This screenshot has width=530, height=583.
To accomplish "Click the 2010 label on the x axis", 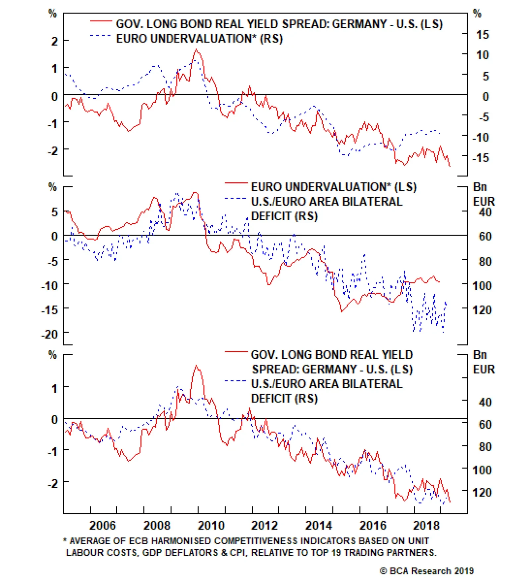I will [211, 526].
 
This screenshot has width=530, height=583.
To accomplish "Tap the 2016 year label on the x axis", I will [373, 526].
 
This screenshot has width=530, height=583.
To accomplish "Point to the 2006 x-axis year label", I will [103, 526].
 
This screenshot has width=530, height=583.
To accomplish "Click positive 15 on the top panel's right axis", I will [482, 34].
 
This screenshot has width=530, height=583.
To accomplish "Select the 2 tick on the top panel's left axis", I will [55, 41].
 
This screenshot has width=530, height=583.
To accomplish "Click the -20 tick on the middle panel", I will [50, 334].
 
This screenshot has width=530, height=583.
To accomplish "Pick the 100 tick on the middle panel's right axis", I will [482, 286].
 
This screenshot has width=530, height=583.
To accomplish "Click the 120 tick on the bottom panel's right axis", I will [482, 492].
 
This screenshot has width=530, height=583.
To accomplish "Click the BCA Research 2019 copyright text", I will [427, 571].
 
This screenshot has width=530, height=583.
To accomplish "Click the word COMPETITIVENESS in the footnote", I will [255, 541].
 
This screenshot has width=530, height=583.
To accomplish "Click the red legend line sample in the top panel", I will [101, 21].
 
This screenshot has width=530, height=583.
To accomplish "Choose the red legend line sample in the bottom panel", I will [236, 352].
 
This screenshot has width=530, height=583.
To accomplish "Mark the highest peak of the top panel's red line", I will [196, 50].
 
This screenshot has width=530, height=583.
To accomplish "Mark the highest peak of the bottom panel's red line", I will [196, 366].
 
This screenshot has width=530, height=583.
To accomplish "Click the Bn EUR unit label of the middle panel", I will [484, 194].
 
